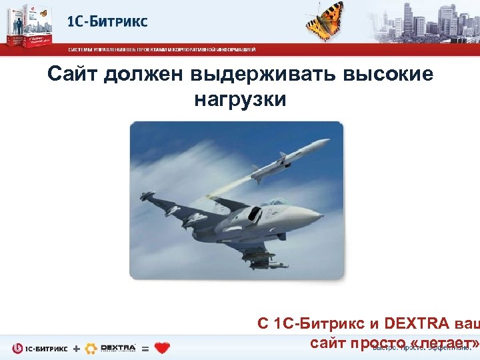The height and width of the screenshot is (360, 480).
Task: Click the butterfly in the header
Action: pos(325,20)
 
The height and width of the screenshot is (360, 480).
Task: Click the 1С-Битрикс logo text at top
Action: pos(107,21)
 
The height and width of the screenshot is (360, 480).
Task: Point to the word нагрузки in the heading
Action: pos(240,99)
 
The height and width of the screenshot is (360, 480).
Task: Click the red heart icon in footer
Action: pos(162,347)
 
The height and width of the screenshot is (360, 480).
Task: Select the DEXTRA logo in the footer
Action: pos(111,347)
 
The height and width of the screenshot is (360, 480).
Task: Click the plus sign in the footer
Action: pos(77,348)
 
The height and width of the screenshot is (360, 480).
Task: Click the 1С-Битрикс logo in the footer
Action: pos(39,348)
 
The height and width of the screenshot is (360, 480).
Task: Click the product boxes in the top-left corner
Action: pos(30,25)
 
